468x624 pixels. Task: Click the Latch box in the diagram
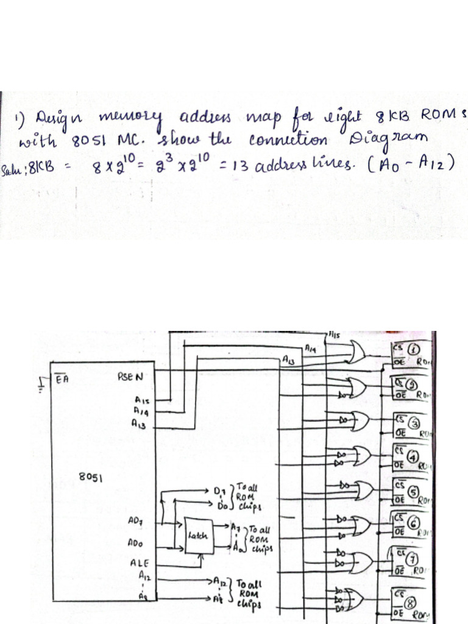[199, 536]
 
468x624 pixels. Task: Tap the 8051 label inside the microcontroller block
[90, 477]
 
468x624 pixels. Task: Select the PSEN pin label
[129, 377]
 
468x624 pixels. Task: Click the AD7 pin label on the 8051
[135, 522]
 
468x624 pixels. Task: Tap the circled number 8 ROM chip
[413, 601]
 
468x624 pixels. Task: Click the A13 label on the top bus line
[289, 361]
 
